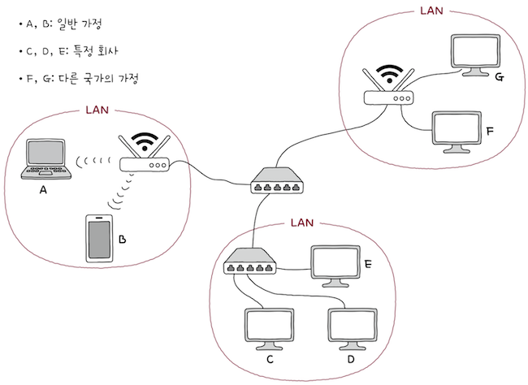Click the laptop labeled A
45,161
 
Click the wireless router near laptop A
144,164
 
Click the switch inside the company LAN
248,261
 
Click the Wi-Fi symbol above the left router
145,142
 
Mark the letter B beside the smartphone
122,240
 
